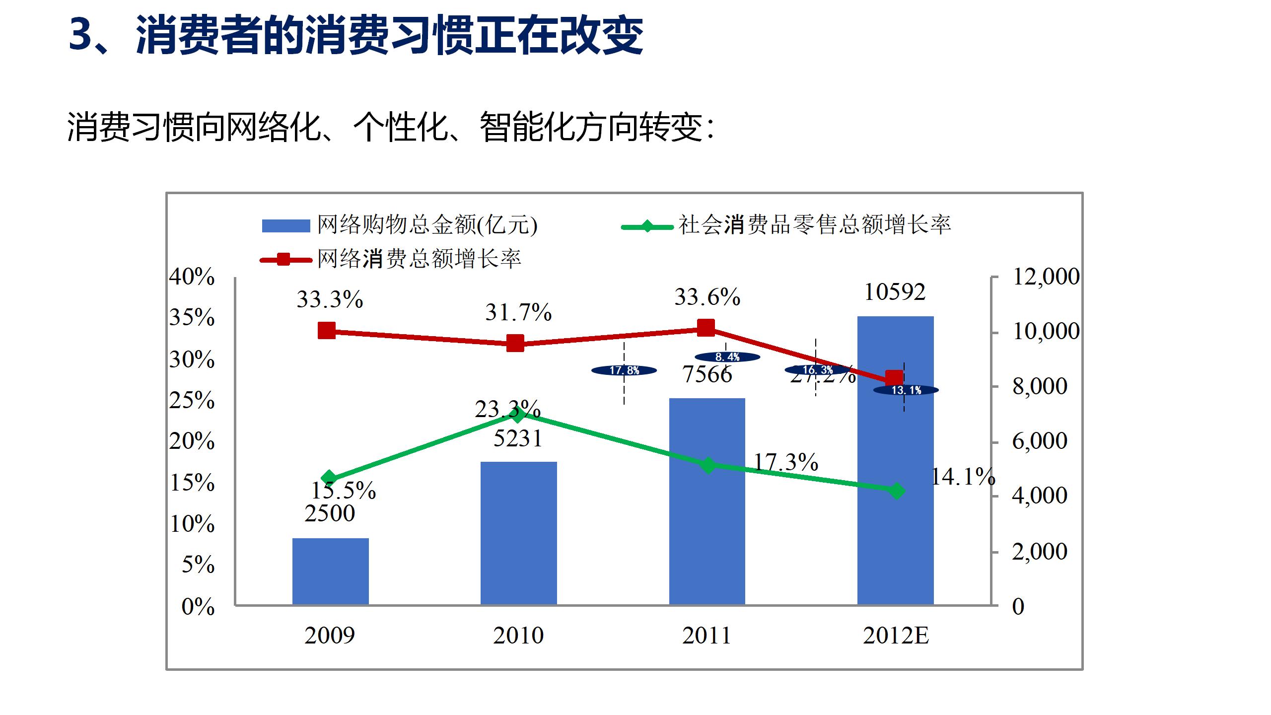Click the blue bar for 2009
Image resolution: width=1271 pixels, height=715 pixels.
(x=330, y=571)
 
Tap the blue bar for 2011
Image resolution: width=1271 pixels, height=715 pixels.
(x=707, y=501)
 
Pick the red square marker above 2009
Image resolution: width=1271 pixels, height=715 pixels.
(x=327, y=330)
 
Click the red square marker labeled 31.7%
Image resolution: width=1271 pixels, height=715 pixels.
(x=515, y=343)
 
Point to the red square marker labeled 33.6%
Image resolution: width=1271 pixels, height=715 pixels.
(x=706, y=328)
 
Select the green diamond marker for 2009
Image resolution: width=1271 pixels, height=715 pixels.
(x=329, y=479)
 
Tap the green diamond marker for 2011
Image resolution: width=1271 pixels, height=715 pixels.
(x=708, y=465)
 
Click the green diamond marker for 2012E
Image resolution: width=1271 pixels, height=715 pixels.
(x=897, y=491)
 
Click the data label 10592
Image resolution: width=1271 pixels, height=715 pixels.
(x=895, y=292)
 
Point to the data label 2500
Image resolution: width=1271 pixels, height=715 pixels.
(x=330, y=513)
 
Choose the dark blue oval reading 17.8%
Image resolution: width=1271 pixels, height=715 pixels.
(x=624, y=370)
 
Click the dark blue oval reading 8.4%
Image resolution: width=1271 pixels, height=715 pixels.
(x=727, y=357)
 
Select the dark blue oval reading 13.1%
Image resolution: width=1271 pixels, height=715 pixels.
(x=906, y=390)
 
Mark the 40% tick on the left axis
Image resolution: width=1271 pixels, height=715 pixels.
(x=192, y=277)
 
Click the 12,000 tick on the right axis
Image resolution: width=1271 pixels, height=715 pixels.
(x=1046, y=277)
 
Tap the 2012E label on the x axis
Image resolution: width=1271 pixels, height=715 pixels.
(x=896, y=636)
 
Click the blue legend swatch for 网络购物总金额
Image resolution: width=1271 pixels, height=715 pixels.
(x=286, y=226)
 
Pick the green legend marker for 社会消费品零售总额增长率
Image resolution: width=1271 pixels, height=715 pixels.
(x=647, y=227)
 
